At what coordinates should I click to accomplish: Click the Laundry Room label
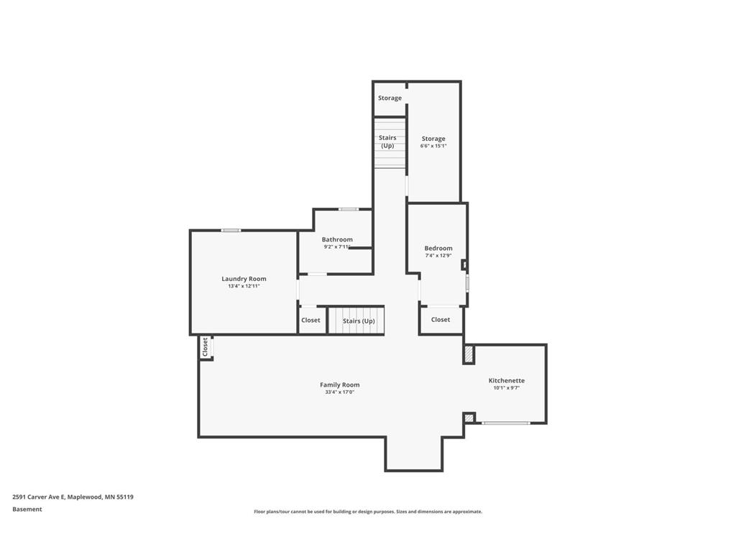pyautogui.click(x=244, y=279)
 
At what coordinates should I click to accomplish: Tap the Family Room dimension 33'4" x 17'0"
pyautogui.click(x=340, y=392)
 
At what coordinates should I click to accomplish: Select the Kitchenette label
pyautogui.click(x=507, y=380)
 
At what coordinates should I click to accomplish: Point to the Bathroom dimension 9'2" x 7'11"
pyautogui.click(x=337, y=247)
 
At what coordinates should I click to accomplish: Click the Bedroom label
pyautogui.click(x=438, y=249)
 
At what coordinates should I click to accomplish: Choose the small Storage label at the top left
pyautogui.click(x=390, y=98)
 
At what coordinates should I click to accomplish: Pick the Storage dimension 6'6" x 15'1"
pyautogui.click(x=433, y=146)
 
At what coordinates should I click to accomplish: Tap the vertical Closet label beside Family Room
pyautogui.click(x=205, y=347)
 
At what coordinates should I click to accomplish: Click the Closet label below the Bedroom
pyautogui.click(x=441, y=320)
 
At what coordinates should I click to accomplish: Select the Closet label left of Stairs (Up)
pyautogui.click(x=310, y=321)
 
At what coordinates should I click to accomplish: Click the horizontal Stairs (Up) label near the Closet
pyautogui.click(x=359, y=321)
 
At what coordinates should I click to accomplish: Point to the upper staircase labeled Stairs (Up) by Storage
pyautogui.click(x=387, y=142)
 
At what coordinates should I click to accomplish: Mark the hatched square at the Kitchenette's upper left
pyautogui.click(x=469, y=354)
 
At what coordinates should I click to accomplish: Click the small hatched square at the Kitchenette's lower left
pyautogui.click(x=469, y=418)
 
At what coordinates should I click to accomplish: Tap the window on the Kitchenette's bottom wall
pyautogui.click(x=506, y=423)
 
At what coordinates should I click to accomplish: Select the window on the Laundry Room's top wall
pyautogui.click(x=231, y=230)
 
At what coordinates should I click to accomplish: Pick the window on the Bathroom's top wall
pyautogui.click(x=349, y=209)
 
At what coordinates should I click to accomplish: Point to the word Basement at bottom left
pyautogui.click(x=27, y=510)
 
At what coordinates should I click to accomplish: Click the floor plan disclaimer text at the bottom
pyautogui.click(x=368, y=512)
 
